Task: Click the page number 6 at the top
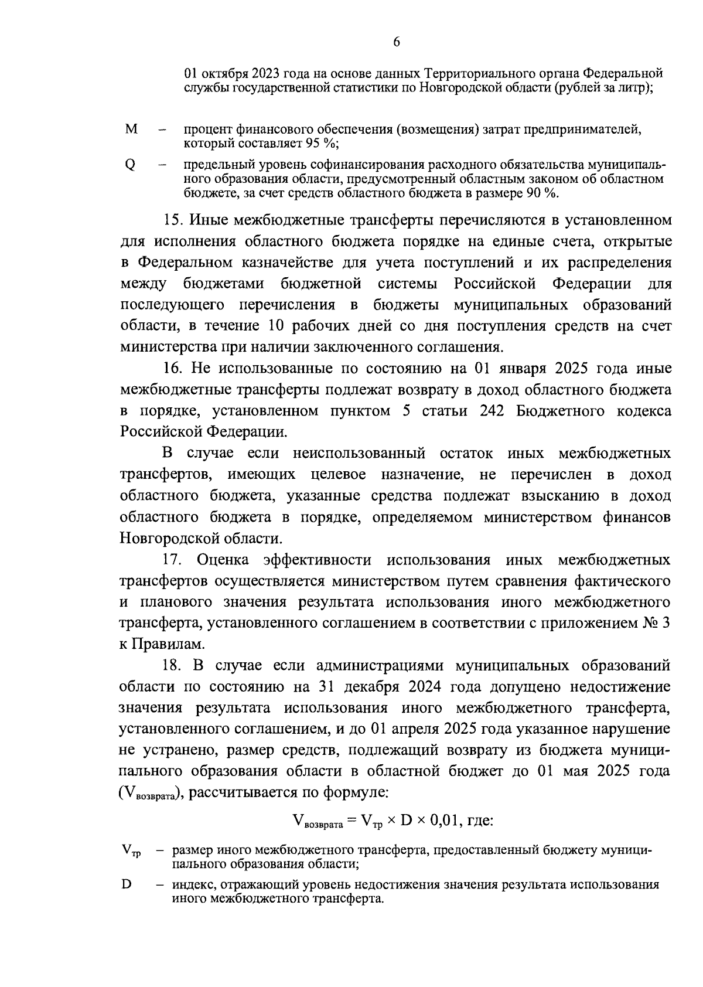coord(397,42)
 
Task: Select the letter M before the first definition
coord(131,128)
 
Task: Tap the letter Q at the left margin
coord(130,165)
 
